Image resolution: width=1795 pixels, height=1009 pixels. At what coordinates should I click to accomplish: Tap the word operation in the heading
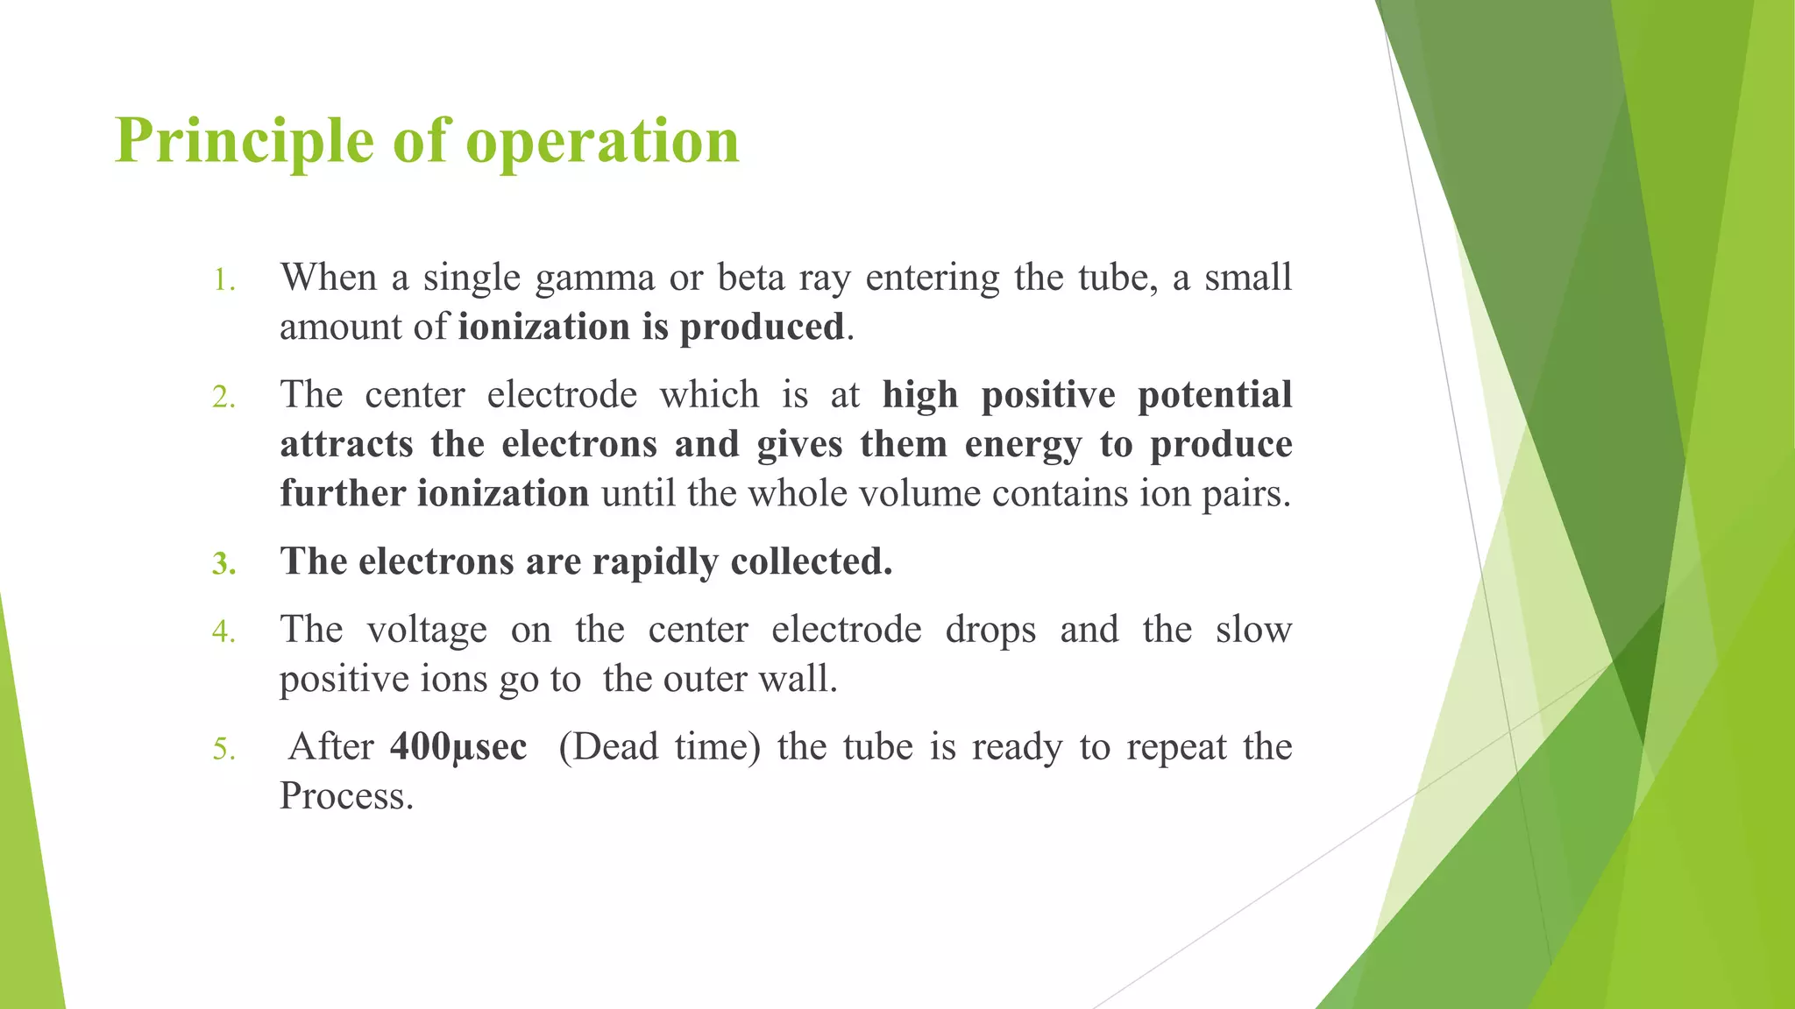point(602,142)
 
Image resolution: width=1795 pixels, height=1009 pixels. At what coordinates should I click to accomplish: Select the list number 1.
point(224,282)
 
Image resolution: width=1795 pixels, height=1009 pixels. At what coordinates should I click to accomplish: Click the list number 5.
point(224,751)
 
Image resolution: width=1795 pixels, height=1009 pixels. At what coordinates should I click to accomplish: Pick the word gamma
point(594,278)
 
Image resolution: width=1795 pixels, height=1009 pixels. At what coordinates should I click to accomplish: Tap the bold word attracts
point(346,444)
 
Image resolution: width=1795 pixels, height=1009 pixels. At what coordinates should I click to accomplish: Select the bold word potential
point(1215,395)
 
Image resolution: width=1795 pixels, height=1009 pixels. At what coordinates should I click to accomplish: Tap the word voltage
point(427,631)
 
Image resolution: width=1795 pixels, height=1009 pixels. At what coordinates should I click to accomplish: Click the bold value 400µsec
point(458,747)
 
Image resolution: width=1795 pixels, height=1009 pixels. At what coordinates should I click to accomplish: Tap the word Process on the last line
point(345,796)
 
